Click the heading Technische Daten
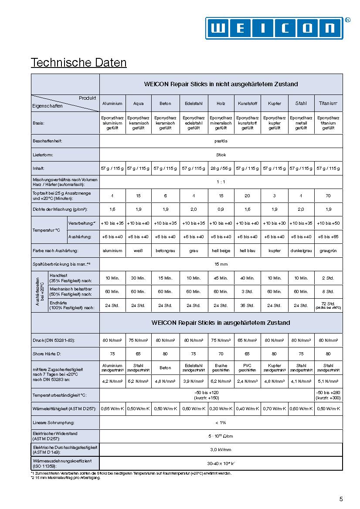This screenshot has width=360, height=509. click(78, 63)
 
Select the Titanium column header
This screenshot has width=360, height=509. click(328, 104)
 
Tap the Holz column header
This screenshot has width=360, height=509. click(221, 104)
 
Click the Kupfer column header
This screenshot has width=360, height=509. click(275, 104)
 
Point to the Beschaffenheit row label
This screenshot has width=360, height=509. click(48, 141)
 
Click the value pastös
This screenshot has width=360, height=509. click(221, 141)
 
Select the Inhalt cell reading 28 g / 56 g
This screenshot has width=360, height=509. click(221, 168)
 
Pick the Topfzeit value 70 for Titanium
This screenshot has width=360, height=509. click(328, 196)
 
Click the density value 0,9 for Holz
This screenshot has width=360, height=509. click(221, 209)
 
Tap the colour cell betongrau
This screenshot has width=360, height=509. click(165, 251)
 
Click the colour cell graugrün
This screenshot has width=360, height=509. click(328, 251)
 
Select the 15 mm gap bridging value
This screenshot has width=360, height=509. click(221, 264)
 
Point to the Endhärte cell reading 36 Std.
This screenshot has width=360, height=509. click(248, 305)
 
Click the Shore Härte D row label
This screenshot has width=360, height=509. click(48, 354)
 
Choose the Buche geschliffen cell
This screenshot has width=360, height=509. click(221, 368)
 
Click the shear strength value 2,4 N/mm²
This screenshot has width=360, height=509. click(248, 381)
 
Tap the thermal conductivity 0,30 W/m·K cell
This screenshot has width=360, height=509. click(221, 409)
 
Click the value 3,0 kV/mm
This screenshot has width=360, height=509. click(221, 450)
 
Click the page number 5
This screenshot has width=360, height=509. click(341, 499)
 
